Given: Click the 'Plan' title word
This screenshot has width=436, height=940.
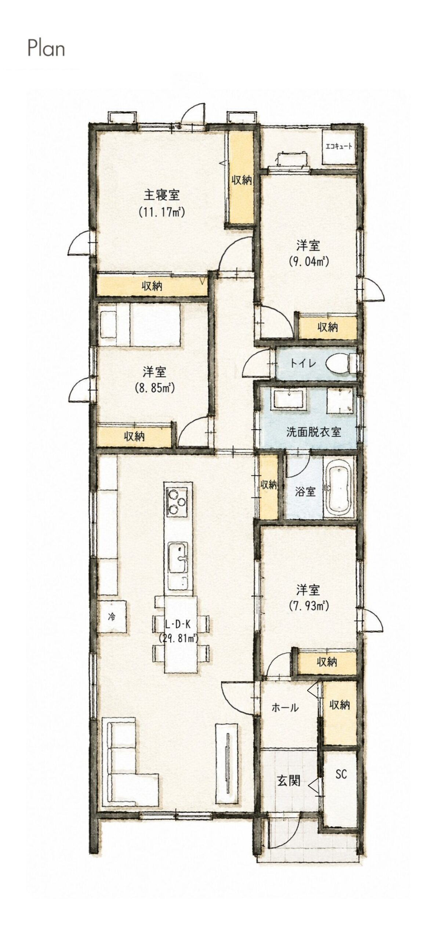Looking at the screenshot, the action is [x=46, y=49].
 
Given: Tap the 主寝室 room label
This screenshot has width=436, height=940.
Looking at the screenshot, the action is [x=161, y=195].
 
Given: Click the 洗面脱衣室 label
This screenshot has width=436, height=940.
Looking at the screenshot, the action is [x=313, y=432].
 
